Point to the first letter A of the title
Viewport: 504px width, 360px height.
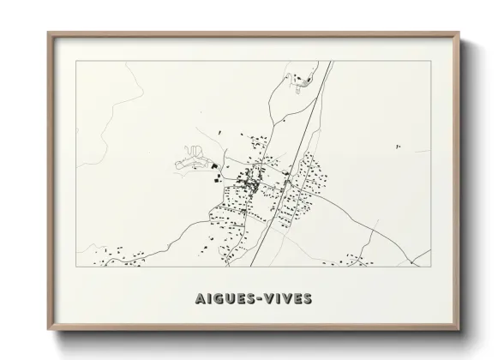[x=189, y=299]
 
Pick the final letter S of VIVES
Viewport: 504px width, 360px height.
[x=308, y=299]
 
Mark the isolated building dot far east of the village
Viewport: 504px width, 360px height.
[x=398, y=147]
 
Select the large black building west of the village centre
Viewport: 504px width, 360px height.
[x=213, y=166]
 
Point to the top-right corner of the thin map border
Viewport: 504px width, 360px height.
[x=430, y=61]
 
